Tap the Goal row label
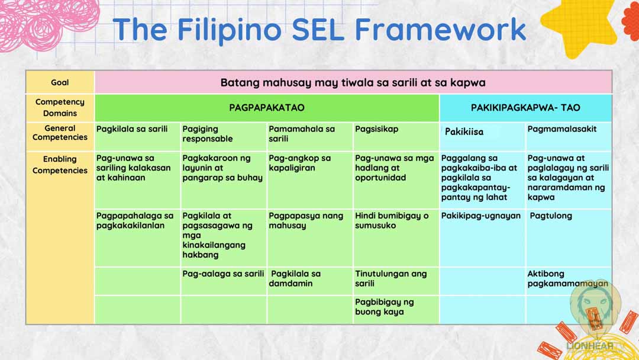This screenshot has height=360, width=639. (60, 82)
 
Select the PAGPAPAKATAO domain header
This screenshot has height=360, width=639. (266, 108)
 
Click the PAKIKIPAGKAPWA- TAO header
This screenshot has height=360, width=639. (525, 108)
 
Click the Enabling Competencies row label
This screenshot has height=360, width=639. (60, 165)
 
